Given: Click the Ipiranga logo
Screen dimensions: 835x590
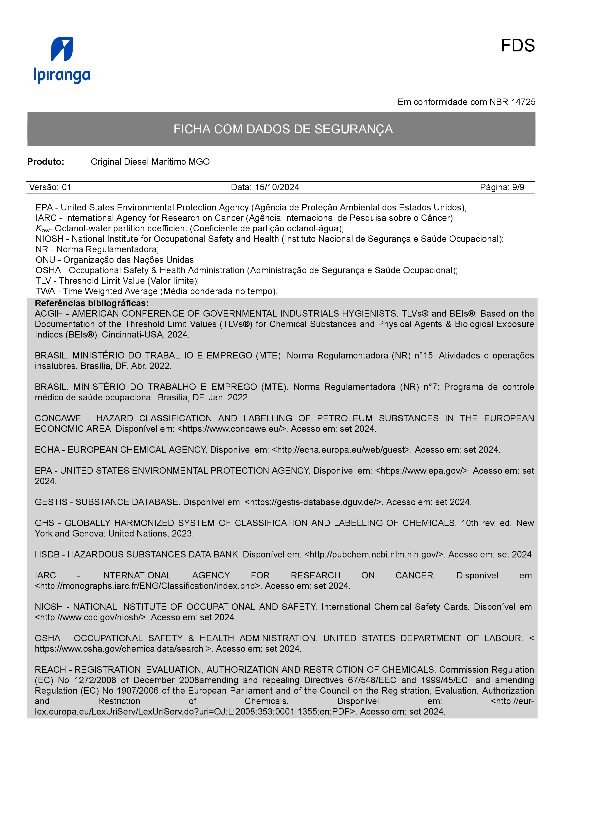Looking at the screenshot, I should pos(62,60).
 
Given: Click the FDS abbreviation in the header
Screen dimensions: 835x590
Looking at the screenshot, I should pos(517,46).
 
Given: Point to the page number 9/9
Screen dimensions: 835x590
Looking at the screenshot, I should pos(518,187).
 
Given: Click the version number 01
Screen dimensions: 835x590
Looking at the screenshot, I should pos(67,187).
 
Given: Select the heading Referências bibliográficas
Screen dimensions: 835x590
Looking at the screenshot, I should pos(92,303).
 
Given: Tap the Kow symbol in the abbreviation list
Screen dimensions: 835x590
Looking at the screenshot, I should pos(42,229).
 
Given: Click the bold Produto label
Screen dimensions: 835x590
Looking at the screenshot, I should pos(46,162).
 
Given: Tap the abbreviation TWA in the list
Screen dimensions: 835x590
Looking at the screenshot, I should pos(45,291).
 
